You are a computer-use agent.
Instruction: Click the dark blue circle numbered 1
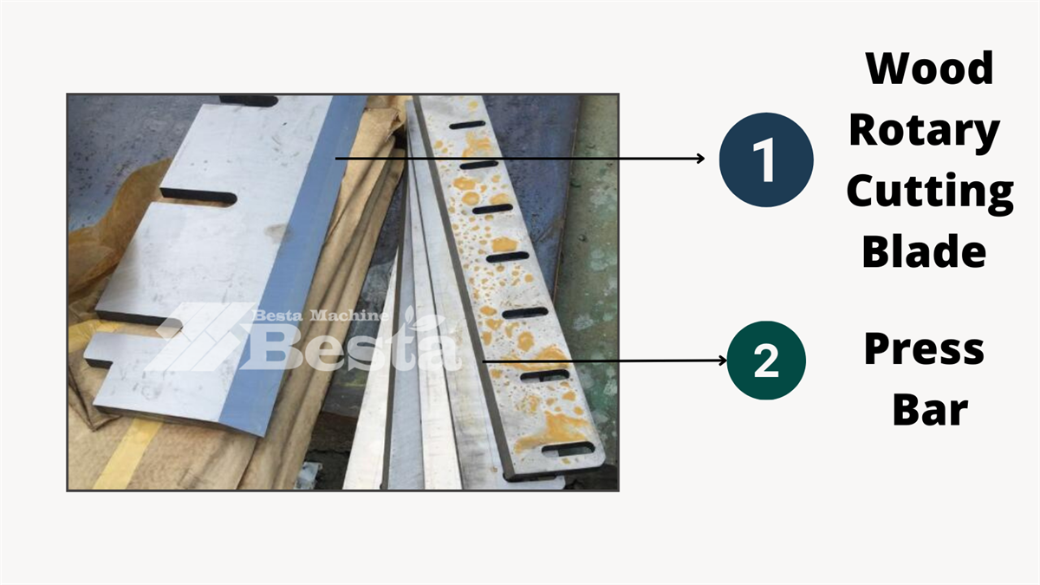[x=766, y=159]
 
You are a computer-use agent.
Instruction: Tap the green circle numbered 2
[x=766, y=361]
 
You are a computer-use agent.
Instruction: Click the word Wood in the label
[x=929, y=68]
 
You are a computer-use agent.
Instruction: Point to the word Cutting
[x=930, y=192]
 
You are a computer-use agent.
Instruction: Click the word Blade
[x=924, y=250]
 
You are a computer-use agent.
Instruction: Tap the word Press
[x=924, y=349]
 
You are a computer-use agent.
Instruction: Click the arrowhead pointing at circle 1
[x=700, y=159]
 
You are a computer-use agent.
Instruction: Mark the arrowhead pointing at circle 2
[x=723, y=361]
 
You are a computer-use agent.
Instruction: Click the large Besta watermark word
[x=353, y=346]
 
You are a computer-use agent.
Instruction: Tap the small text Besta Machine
[x=321, y=315]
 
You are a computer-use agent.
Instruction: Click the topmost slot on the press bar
[x=467, y=125]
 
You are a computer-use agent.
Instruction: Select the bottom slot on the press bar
[x=569, y=449]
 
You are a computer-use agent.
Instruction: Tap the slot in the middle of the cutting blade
[x=198, y=197]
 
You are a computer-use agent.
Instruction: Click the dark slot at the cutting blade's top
[x=249, y=101]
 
